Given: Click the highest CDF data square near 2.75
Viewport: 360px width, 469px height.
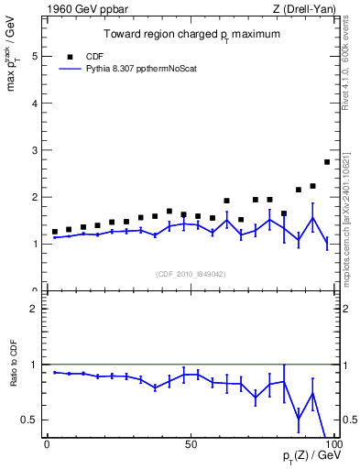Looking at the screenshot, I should [x=327, y=162].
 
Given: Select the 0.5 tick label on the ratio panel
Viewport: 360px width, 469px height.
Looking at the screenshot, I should [x=29, y=420].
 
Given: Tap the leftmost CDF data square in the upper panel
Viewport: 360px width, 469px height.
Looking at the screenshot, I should [x=54, y=232].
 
